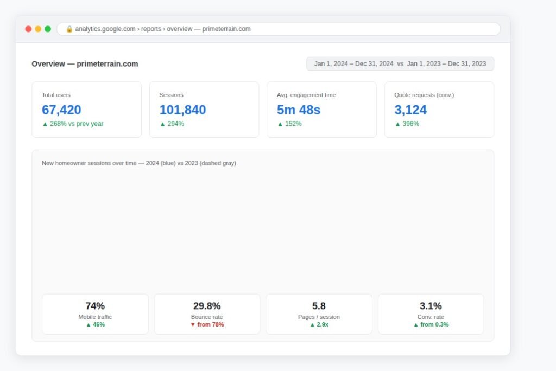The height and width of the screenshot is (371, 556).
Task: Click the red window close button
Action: [x=28, y=29]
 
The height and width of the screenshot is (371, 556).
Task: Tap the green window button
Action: [x=48, y=29]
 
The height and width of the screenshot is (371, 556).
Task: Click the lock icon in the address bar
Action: [x=69, y=29]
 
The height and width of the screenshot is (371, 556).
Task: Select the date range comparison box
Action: [x=400, y=64]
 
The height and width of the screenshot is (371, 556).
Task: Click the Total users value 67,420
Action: [x=61, y=110]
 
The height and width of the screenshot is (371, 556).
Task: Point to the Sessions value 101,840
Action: [x=182, y=110]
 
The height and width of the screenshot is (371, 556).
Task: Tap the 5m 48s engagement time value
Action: [x=299, y=110]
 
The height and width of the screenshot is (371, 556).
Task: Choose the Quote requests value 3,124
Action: [x=410, y=110]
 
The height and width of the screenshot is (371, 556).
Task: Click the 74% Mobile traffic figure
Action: [x=95, y=306]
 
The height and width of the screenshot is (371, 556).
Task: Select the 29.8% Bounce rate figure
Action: [x=207, y=306]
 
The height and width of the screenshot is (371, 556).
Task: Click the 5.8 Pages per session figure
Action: [x=319, y=306]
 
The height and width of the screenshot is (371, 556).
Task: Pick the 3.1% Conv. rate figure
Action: [x=431, y=306]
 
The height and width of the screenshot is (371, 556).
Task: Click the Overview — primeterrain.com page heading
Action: [x=85, y=64]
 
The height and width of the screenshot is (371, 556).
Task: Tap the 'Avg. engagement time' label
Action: [x=306, y=95]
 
